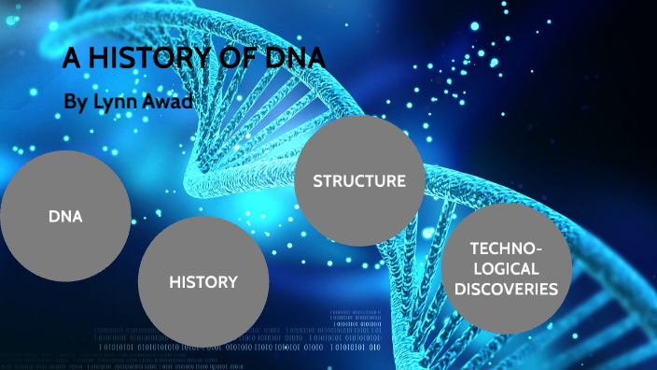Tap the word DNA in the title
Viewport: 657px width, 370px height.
click(x=292, y=60)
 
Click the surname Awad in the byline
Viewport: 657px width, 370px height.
click(x=169, y=101)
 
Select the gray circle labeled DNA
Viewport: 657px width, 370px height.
click(x=65, y=216)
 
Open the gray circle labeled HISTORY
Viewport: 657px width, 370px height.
click(x=203, y=281)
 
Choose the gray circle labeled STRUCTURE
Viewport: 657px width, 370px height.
click(x=359, y=180)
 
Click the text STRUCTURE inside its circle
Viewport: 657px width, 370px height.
click(x=359, y=180)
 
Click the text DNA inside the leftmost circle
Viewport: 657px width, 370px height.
click(x=65, y=217)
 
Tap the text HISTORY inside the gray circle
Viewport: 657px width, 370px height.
click(x=203, y=281)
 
